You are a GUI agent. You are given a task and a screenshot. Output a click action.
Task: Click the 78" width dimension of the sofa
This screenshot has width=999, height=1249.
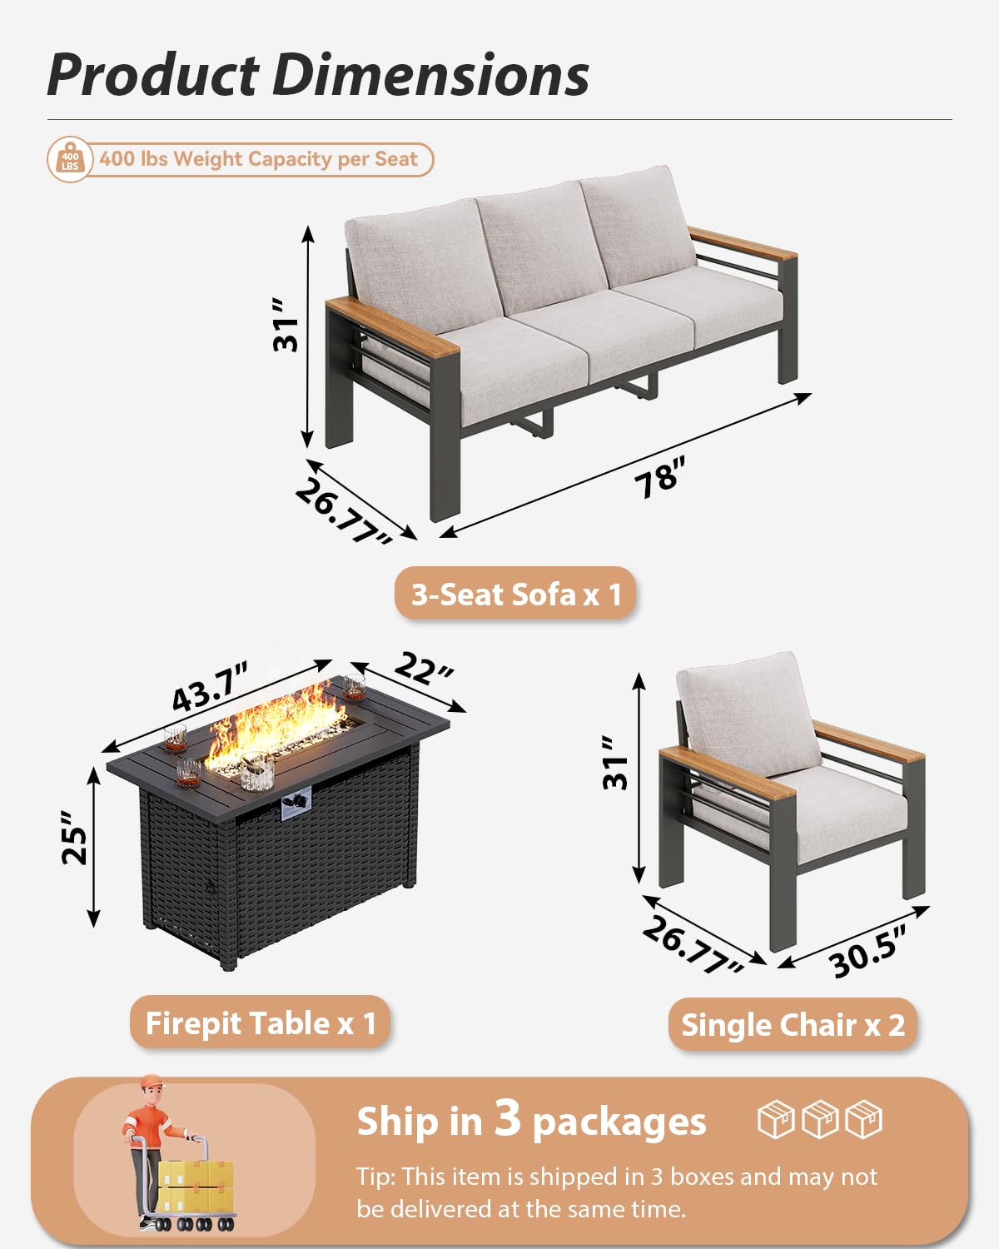[659, 478]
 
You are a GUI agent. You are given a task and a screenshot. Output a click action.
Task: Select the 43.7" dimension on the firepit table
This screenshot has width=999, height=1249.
[210, 688]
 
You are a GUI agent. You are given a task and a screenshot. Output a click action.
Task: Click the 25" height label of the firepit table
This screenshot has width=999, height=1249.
[75, 845]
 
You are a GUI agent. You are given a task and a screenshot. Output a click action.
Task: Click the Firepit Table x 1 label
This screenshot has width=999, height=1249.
[261, 1023]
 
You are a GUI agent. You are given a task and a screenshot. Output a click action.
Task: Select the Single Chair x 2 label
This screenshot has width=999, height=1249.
[793, 1024]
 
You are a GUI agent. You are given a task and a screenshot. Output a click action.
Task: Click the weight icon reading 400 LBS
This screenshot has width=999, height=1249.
[69, 160]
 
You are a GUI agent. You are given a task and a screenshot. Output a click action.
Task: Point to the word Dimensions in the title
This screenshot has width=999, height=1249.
[430, 75]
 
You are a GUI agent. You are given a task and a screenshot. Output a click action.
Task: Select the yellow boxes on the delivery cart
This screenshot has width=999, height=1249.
[196, 1187]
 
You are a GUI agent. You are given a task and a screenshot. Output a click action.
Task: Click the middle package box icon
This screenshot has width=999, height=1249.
[820, 1119]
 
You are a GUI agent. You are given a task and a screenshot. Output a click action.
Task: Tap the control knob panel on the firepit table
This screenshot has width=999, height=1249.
[296, 805]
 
